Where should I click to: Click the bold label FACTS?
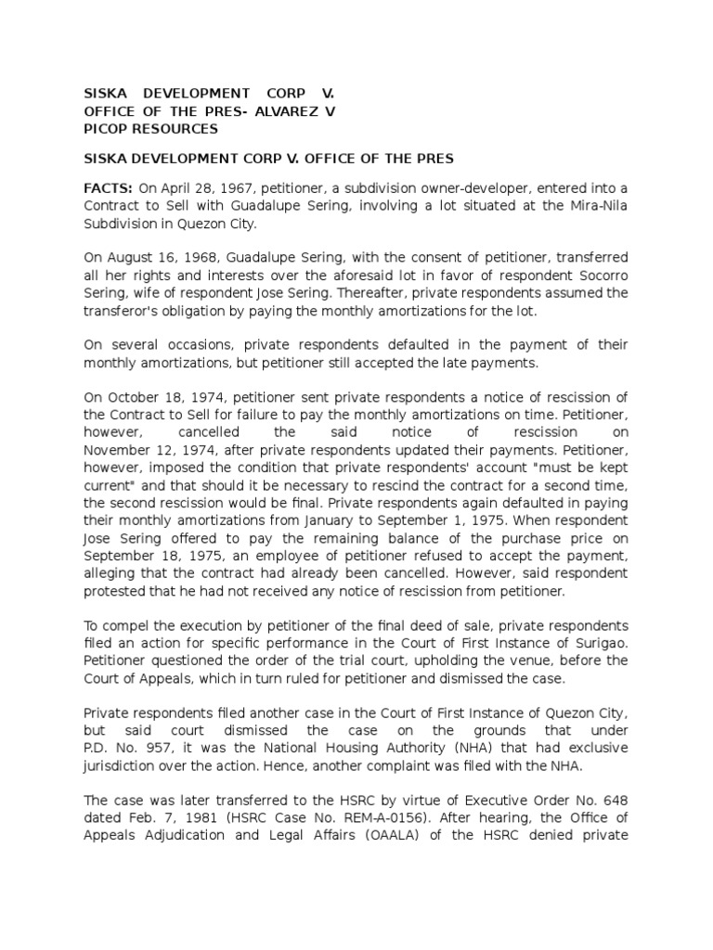tap(109, 188)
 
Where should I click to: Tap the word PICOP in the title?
tap(109, 128)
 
